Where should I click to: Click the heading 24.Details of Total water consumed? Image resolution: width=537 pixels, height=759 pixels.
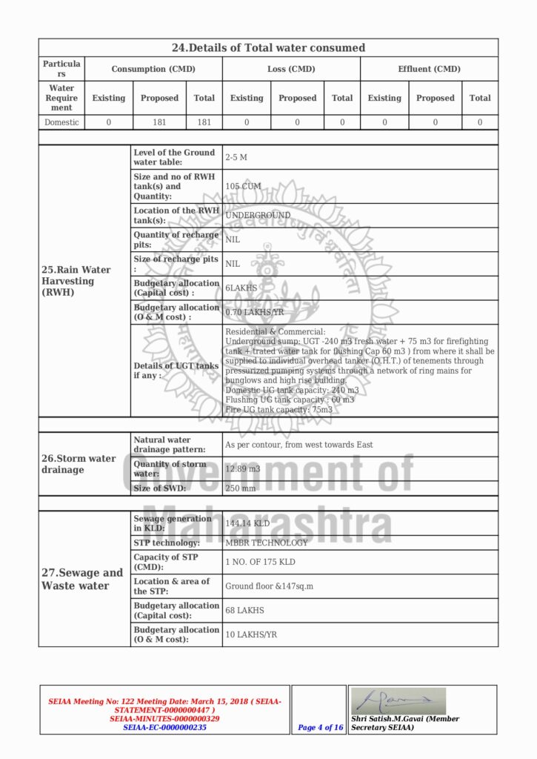[268, 47]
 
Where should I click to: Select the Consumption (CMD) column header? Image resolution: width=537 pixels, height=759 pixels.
[153, 69]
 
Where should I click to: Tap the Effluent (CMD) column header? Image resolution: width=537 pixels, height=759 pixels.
[429, 69]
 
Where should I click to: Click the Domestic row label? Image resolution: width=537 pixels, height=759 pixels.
[61, 122]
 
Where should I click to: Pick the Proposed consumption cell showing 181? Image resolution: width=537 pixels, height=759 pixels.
[159, 122]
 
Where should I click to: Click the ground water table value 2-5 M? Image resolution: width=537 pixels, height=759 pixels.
[236, 157]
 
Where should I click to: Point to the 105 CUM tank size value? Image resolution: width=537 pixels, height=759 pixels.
[243, 186]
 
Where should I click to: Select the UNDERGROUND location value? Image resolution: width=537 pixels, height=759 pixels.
[258, 216]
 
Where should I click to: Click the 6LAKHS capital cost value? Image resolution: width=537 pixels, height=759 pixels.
[241, 288]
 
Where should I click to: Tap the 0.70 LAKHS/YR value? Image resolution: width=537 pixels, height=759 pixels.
[254, 312]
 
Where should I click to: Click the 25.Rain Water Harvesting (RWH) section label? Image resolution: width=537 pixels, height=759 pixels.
[76, 281]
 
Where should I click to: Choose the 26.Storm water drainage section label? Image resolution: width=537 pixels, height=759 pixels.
[79, 464]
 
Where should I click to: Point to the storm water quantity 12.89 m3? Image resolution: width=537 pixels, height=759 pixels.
[243, 468]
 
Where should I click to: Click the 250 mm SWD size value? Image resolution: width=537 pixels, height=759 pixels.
[240, 488]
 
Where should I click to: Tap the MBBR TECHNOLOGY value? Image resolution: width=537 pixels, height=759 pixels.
[266, 543]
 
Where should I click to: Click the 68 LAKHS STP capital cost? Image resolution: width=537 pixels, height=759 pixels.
[244, 610]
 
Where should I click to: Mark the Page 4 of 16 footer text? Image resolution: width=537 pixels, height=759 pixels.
[321, 727]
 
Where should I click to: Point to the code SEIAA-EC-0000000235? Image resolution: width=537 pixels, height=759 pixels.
[164, 728]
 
